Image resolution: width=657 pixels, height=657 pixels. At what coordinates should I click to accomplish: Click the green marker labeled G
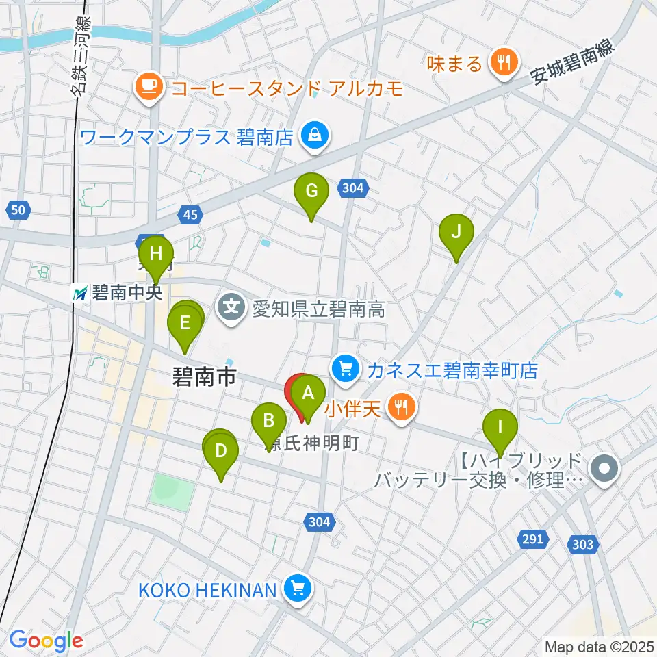[x=311, y=192]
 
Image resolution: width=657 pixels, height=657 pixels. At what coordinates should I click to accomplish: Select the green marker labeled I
[x=500, y=428]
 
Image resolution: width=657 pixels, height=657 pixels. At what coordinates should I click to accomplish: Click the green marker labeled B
[x=269, y=421]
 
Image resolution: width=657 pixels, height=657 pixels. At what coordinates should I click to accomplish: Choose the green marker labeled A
[x=308, y=394]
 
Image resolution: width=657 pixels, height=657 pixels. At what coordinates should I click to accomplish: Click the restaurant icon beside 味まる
[x=504, y=64]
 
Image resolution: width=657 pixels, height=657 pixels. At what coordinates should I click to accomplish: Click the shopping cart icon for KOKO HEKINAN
[x=296, y=589]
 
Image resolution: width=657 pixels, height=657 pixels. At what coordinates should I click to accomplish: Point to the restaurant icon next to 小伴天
[x=400, y=409]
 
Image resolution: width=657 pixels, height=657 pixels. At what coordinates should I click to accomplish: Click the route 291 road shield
[x=532, y=539]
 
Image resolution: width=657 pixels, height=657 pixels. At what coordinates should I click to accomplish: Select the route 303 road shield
[x=581, y=544]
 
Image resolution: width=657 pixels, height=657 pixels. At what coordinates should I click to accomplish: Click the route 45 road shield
[x=191, y=216]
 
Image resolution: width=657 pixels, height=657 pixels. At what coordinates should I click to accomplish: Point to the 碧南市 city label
[x=204, y=376]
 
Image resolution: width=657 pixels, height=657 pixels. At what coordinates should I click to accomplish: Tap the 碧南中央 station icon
[x=81, y=294]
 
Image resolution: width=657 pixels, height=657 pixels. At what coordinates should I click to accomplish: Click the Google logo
[x=47, y=641]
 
